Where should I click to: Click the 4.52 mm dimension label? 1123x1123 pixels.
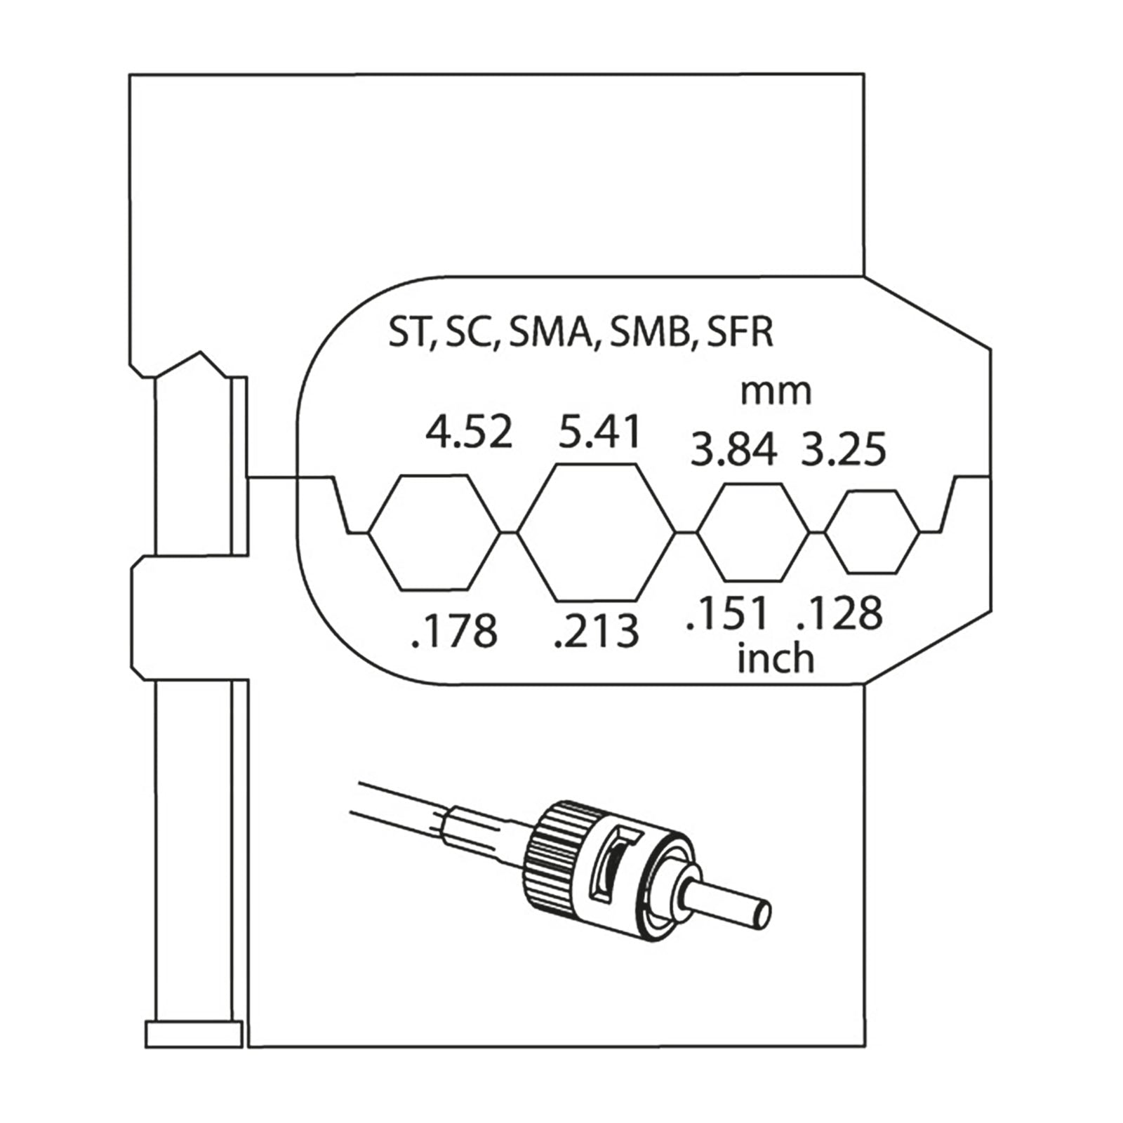point(469,432)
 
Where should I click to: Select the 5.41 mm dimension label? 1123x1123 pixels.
point(599,432)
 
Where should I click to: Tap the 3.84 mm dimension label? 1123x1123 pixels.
point(733,450)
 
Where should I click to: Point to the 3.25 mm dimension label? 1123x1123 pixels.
point(844,450)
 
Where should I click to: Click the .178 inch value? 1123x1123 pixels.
point(455,630)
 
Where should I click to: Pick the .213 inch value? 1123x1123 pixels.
point(597,630)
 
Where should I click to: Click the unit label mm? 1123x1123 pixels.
point(776,392)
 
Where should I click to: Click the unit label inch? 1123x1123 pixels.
point(776,660)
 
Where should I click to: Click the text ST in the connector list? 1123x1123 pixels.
point(407,332)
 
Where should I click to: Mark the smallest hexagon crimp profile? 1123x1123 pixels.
point(872,532)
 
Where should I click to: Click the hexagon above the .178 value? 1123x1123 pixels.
point(434,532)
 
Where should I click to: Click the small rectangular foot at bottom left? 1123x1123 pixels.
point(194,1035)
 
